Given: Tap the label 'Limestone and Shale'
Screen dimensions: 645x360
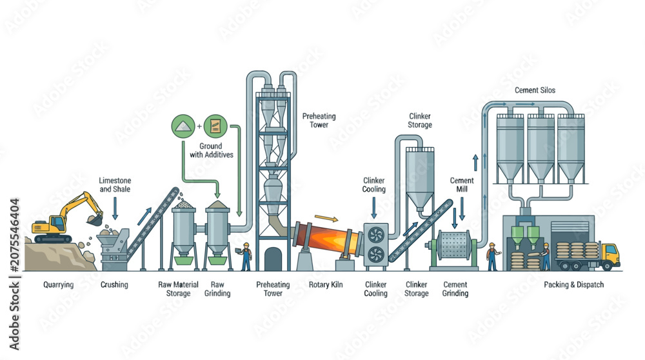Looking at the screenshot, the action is [x=115, y=185].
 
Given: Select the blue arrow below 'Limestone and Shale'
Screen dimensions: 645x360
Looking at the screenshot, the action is [x=115, y=208].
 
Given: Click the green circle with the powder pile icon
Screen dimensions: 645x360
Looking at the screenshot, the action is [x=183, y=126].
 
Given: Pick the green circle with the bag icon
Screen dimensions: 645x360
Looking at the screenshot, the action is [x=215, y=126].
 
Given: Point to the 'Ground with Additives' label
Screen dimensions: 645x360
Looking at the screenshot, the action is [x=211, y=150].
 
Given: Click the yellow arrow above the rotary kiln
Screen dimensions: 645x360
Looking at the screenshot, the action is [x=326, y=218].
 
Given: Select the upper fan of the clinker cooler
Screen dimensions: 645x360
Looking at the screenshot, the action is [x=376, y=235].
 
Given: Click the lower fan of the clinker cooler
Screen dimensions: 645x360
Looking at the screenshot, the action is [x=376, y=255].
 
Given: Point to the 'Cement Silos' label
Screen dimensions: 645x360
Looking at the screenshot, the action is [x=535, y=90].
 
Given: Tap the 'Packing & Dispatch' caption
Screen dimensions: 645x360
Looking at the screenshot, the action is [x=574, y=285].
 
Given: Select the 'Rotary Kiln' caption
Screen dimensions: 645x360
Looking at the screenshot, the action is [x=326, y=285].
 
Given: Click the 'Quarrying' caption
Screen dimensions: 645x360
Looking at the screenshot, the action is [x=59, y=285].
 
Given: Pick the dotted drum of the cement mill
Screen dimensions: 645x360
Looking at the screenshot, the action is [x=453, y=245].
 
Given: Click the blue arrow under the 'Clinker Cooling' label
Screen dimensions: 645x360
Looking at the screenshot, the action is [x=374, y=208].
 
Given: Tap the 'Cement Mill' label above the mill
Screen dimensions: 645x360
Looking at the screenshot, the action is [x=462, y=185].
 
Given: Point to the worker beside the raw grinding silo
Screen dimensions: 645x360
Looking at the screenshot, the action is [x=246, y=256].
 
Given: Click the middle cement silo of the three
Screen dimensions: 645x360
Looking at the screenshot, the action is [x=541, y=148].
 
